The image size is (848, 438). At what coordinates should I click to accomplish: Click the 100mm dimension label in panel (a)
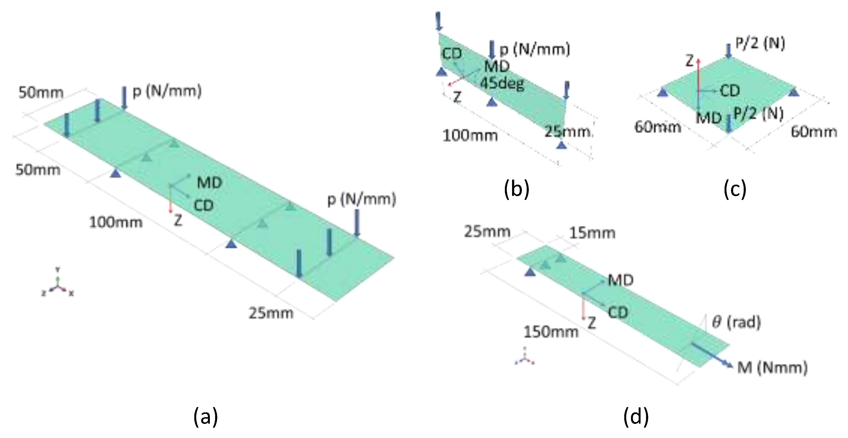tap(116, 222)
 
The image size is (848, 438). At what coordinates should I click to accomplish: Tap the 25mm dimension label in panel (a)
tap(271, 313)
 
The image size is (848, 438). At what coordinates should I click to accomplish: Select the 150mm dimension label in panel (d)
tap(551, 332)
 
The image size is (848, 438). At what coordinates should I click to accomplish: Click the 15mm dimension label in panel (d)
tap(592, 233)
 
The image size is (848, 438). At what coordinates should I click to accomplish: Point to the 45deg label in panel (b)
tap(502, 83)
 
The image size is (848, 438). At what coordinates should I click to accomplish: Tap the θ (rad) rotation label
tap(736, 322)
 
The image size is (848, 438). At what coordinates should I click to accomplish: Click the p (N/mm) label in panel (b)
tap(535, 49)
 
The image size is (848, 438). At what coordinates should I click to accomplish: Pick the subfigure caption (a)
tap(206, 417)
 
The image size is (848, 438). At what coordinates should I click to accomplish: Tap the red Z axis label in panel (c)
tap(690, 61)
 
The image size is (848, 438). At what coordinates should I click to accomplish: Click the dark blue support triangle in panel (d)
tap(530, 272)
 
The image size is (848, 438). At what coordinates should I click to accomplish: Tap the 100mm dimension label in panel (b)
tap(470, 136)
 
